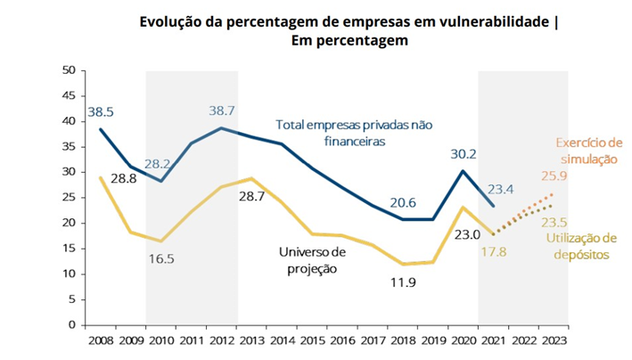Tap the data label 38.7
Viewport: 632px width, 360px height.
pos(220,111)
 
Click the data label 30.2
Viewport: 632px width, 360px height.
pos(463,152)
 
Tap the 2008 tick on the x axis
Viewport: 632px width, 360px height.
pos(101,340)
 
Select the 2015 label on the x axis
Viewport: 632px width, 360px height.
pos(311,340)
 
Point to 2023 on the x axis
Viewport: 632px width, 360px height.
pos(553,340)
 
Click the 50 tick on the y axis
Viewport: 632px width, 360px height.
pos(69,70)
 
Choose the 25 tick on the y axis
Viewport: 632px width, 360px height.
pos(69,197)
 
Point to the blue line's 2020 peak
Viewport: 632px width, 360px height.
pos(463,170)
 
